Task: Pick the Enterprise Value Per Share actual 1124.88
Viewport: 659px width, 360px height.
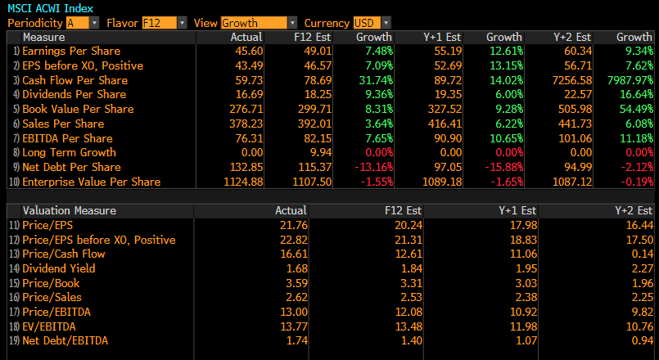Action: point(243,182)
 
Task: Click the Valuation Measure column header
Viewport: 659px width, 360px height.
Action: point(70,210)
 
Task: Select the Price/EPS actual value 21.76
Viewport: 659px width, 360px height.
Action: point(293,225)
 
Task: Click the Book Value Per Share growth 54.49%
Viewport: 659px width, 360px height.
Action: point(634,109)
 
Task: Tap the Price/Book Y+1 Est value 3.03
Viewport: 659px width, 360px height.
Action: point(525,283)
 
